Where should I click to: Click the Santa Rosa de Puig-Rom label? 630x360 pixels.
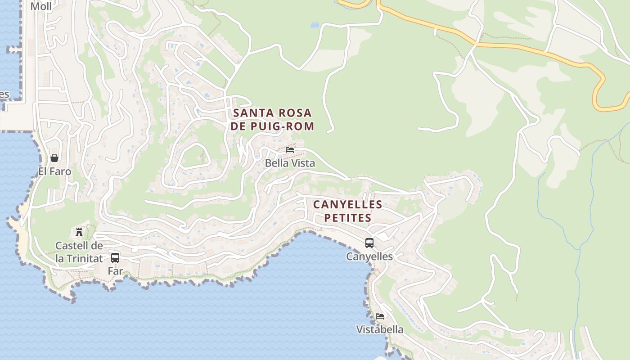point(272,119)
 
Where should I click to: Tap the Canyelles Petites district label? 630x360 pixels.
point(348,211)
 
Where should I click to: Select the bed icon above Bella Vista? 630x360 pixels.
point(290,149)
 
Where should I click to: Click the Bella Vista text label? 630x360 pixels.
point(290,163)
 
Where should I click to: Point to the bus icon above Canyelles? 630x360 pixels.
point(369,243)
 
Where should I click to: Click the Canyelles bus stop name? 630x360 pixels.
point(369,256)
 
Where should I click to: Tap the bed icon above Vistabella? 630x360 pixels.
point(380,316)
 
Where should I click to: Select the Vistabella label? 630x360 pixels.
point(380,329)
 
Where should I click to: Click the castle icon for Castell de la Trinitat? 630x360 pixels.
point(79,232)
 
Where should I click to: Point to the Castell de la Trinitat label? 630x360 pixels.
point(79,252)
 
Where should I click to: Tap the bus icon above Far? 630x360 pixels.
point(115,258)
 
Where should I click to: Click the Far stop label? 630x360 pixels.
point(115,271)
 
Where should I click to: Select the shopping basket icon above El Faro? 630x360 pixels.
point(54,158)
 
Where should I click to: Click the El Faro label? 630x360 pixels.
point(54,171)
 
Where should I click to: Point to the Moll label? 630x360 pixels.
point(41,6)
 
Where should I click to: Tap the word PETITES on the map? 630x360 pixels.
point(348,218)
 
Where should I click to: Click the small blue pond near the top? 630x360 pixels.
point(315,25)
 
